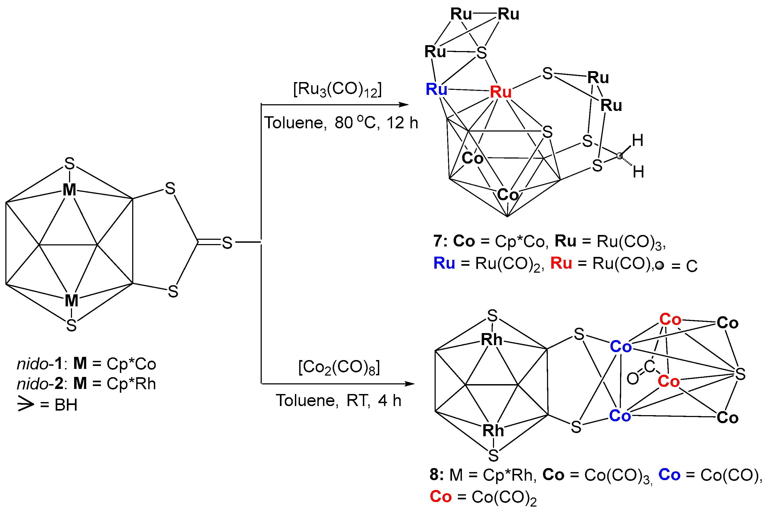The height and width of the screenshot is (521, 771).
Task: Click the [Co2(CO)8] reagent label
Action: click(x=339, y=368)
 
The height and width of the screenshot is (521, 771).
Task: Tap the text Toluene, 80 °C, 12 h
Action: click(x=341, y=123)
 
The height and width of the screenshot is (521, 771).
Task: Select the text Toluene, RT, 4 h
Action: click(x=338, y=400)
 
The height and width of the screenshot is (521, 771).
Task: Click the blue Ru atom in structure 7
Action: click(x=436, y=90)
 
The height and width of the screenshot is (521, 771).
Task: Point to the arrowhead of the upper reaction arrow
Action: click(x=404, y=105)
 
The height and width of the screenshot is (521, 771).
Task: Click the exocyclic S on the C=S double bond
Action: click(x=227, y=243)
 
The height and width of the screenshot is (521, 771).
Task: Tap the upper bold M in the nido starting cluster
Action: click(x=69, y=190)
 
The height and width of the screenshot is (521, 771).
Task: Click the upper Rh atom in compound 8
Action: click(x=492, y=340)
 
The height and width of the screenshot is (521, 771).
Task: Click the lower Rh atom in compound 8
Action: click(x=493, y=431)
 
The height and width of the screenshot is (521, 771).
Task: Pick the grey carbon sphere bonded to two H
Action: click(x=619, y=156)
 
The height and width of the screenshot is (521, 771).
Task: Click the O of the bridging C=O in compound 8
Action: click(x=633, y=379)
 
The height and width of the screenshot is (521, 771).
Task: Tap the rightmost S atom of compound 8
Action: click(x=740, y=375)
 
